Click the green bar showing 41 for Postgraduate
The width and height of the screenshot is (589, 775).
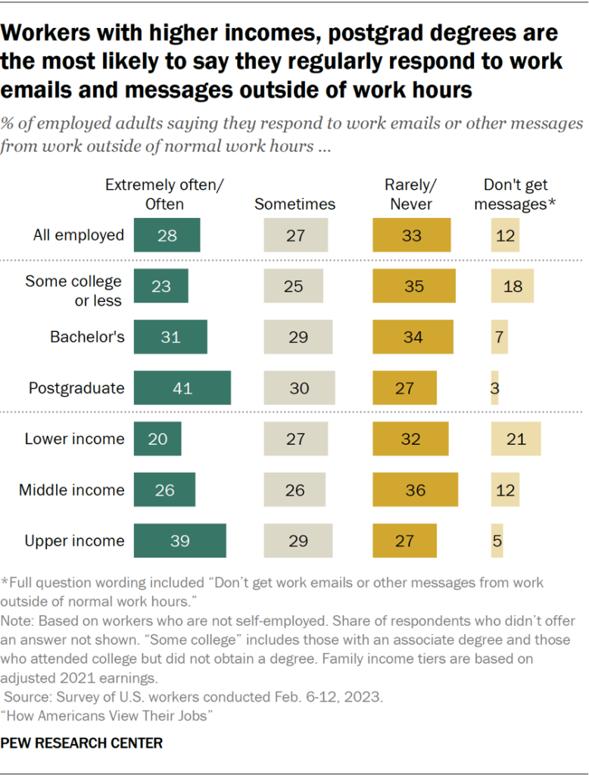[182, 388]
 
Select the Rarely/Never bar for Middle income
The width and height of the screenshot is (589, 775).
[415, 490]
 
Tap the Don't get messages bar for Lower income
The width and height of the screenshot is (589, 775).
[516, 439]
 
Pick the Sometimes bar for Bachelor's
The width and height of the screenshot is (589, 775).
[298, 338]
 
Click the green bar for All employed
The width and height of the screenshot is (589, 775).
[167, 235]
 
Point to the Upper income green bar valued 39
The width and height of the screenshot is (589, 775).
[180, 540]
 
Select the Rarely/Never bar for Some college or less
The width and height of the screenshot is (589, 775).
[414, 287]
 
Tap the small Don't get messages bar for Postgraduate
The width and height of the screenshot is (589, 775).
[494, 388]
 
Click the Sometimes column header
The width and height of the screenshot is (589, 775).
[294, 204]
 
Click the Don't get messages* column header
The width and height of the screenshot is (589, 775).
[516, 195]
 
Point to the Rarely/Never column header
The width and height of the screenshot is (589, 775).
[412, 195]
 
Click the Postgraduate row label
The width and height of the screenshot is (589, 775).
[76, 388]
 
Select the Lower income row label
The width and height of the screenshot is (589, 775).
[74, 439]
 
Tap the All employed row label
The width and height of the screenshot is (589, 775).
[79, 235]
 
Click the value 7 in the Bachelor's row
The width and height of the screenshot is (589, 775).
[499, 338]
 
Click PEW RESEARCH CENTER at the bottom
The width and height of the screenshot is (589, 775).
[81, 743]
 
